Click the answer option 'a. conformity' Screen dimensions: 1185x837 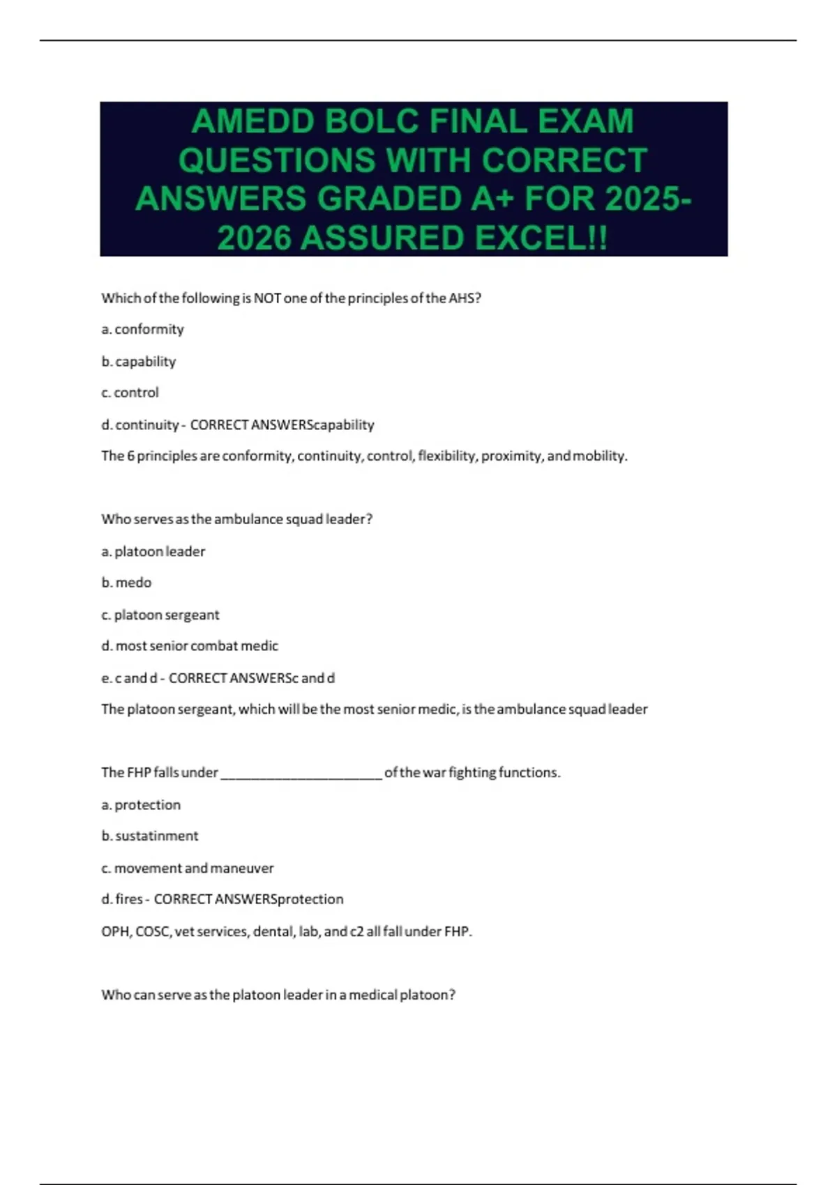pyautogui.click(x=142, y=329)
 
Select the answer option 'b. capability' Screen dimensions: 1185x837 pyautogui.click(x=139, y=361)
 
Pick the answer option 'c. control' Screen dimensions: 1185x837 pyautogui.click(x=130, y=392)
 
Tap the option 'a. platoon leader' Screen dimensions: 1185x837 pyautogui.click(x=153, y=551)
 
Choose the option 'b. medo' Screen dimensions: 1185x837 pyautogui.click(x=126, y=583)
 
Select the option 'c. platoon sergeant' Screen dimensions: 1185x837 pyautogui.click(x=160, y=615)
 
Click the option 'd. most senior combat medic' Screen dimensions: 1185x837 pyautogui.click(x=190, y=646)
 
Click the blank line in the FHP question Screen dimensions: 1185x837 pyautogui.click(x=301, y=774)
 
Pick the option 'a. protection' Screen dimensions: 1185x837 pyautogui.click(x=141, y=805)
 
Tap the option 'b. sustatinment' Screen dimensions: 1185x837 pyautogui.click(x=150, y=836)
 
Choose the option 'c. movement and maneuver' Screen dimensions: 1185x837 pyautogui.click(x=188, y=868)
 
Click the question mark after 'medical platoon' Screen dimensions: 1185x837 pyautogui.click(x=453, y=995)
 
